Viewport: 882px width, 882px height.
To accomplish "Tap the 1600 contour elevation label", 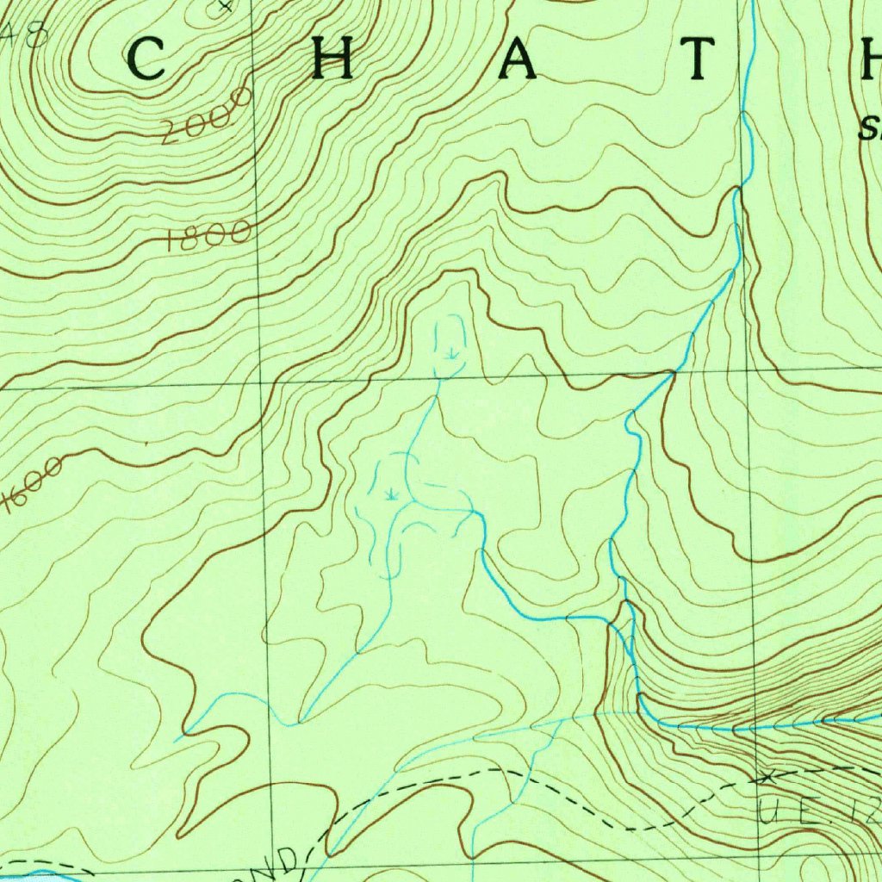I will [33, 485].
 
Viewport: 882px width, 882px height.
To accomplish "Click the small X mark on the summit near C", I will [226, 6].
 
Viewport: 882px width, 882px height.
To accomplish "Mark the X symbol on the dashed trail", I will [763, 778].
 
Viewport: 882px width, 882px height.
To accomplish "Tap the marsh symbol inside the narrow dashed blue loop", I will [450, 352].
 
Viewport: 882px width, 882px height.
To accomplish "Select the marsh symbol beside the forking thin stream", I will [392, 494].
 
